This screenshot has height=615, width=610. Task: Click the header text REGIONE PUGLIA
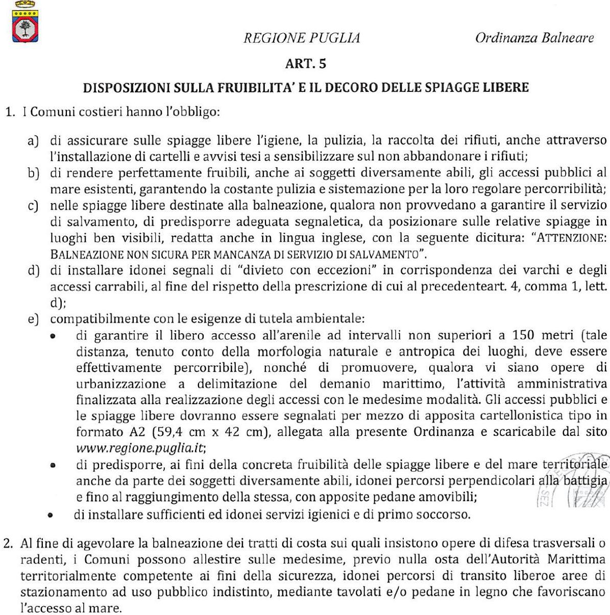coord(302,38)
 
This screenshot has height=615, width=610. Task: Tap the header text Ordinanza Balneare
coord(534,38)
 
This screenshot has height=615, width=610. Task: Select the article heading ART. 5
coord(306,64)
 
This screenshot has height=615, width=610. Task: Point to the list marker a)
coord(33,140)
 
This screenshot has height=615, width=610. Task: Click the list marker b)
coord(34,173)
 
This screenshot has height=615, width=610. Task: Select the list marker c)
coord(33,206)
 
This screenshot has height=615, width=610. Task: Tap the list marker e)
coord(34,319)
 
